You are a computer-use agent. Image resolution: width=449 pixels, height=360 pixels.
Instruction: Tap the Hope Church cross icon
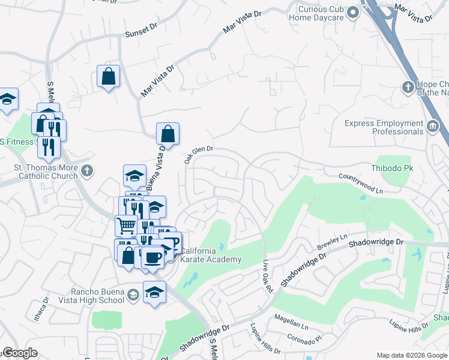point(408,88)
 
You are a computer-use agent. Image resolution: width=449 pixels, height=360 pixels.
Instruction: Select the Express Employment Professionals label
point(384,127)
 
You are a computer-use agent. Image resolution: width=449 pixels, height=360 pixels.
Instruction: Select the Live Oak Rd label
point(268,277)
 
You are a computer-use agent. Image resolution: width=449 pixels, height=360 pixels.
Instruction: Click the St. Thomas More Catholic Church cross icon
point(87,170)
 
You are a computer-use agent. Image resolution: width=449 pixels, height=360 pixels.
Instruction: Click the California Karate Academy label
point(211,255)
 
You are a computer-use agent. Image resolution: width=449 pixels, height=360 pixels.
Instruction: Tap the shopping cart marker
point(126,226)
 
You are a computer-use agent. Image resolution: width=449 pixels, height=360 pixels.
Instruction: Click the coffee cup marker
point(153,257)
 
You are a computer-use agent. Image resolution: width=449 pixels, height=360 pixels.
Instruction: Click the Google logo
point(20,353)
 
